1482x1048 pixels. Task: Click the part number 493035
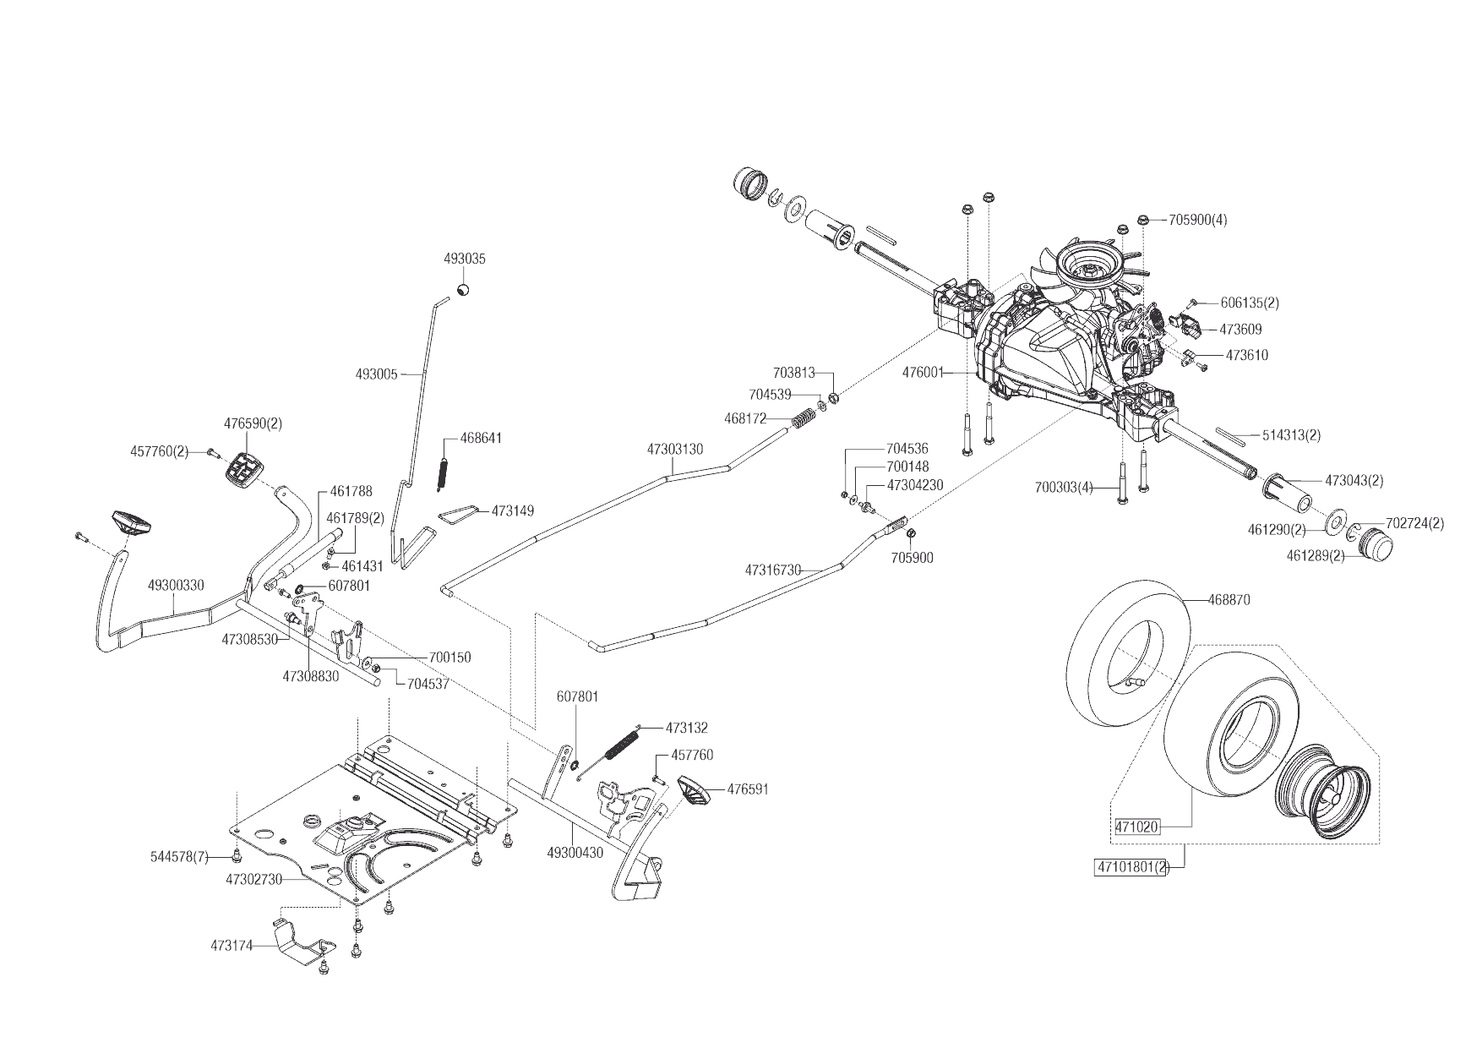tap(465, 259)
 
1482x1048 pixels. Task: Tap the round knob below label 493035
tap(463, 290)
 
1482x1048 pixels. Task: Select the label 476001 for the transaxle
tap(923, 372)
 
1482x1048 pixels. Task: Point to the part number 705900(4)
tap(1197, 220)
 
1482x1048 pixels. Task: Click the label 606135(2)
tap(1250, 303)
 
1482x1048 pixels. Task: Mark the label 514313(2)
tap(1291, 435)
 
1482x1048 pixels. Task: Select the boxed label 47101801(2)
tap(1131, 867)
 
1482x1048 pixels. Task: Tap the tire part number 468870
tap(1240, 600)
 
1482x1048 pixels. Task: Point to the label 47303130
tap(675, 450)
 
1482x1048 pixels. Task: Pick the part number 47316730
tap(772, 570)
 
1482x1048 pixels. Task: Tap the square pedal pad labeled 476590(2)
tap(246, 467)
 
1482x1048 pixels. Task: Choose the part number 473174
tap(232, 946)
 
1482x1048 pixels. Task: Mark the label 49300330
tap(175, 585)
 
